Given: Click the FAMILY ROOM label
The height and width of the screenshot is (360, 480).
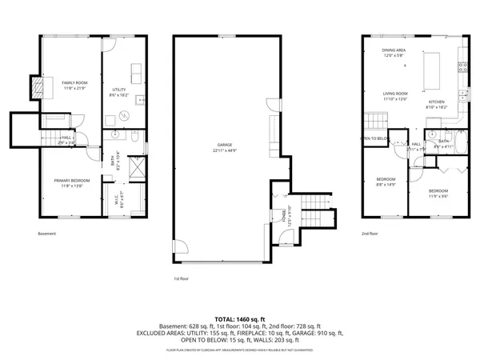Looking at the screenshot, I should coord(74,83).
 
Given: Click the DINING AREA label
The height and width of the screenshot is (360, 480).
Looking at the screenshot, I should coord(394,50).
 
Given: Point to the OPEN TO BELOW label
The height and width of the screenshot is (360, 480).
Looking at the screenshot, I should coord(375,138).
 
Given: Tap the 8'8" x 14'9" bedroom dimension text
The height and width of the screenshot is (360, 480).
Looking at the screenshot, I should coord(386,185).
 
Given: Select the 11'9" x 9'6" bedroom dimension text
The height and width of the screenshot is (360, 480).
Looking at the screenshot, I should coord(438,195).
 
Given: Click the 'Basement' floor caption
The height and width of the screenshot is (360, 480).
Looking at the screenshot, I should coord(47,234).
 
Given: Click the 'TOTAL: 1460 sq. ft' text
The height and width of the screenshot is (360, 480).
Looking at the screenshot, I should coord(240,318).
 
